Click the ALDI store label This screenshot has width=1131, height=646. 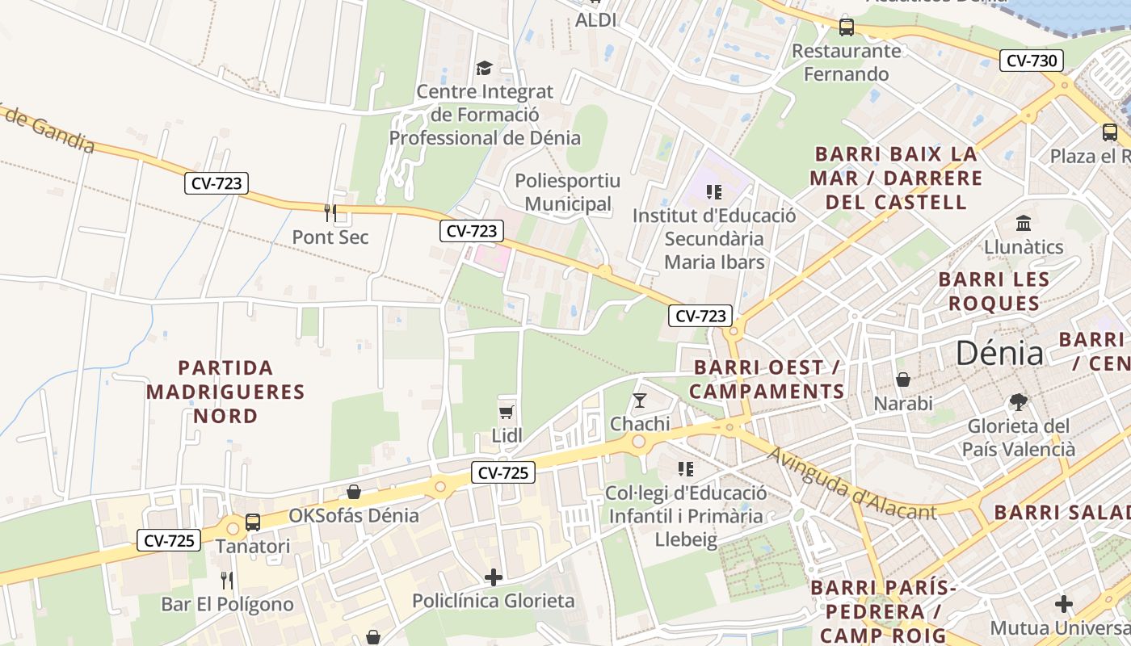coord(595,20)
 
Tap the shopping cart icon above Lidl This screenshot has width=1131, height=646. coord(507,413)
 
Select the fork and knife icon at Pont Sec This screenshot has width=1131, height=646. coord(330,213)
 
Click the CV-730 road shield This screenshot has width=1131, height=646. coord(1031,61)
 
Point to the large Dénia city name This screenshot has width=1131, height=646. coord(999,354)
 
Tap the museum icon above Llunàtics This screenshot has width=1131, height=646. coord(1024,223)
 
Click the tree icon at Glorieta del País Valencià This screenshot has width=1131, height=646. coord(1019,401)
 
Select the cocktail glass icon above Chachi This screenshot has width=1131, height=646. coord(640,400)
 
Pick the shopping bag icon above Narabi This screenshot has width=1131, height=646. coord(903,379)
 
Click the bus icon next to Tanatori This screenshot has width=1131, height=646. coord(253,522)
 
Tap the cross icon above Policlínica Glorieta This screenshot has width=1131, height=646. coord(493,577)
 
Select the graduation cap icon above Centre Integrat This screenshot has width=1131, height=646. coord(484,68)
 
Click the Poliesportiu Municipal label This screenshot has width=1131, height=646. coord(568,192)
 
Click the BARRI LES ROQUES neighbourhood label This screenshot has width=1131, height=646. coord(994,292)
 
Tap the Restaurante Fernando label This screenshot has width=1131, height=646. coord(846,62)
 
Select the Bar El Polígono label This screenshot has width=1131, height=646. coord(227,604)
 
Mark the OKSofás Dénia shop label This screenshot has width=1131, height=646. coord(354,515)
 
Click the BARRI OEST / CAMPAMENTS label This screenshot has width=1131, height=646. coord(768,380)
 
